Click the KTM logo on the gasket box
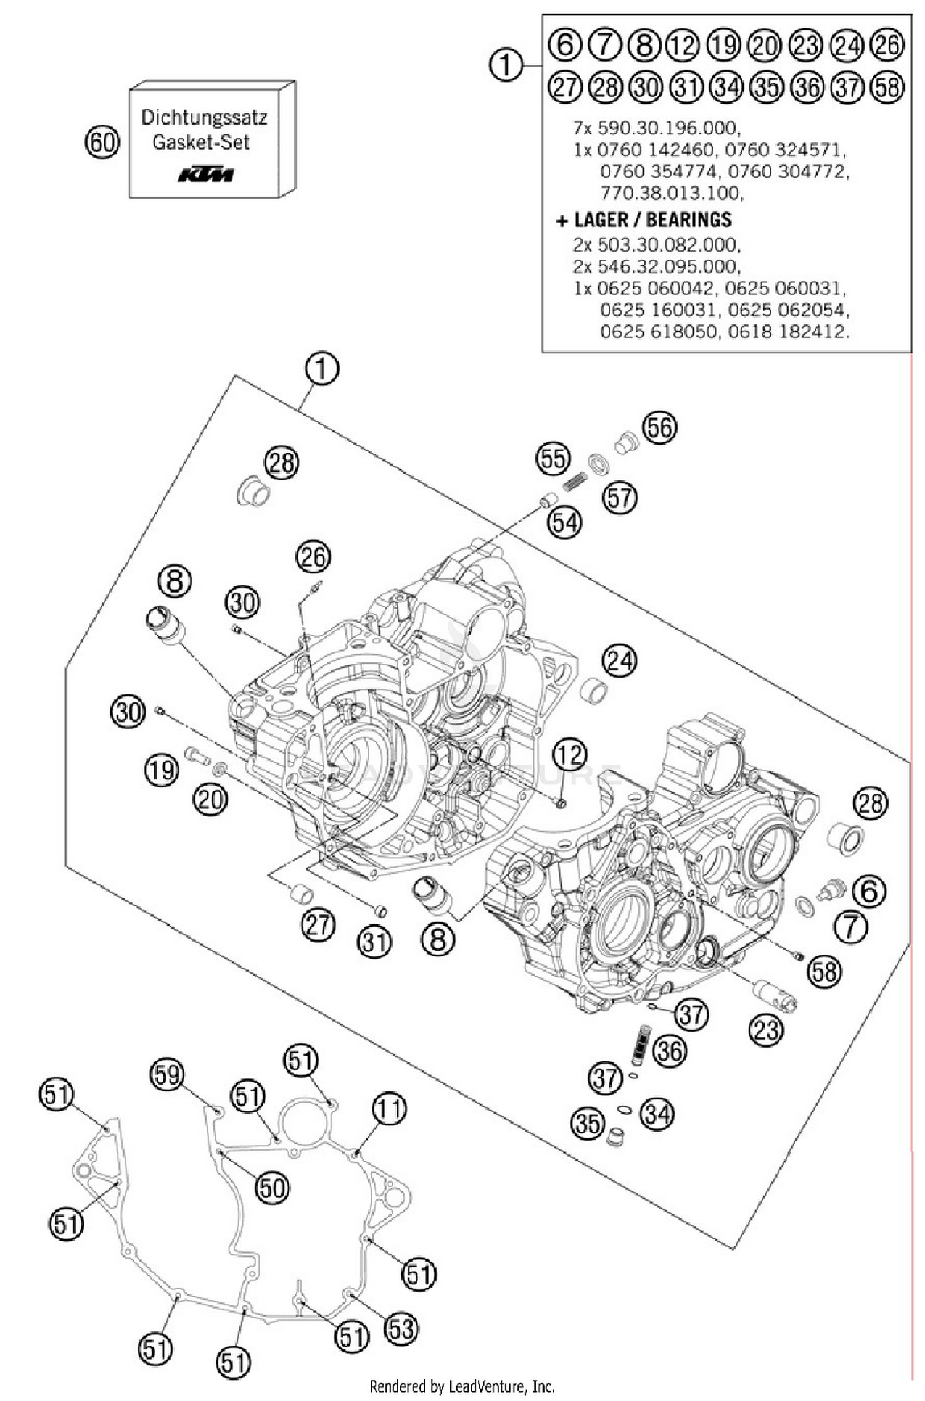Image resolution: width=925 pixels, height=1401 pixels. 206,175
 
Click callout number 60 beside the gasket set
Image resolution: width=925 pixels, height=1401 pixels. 102,142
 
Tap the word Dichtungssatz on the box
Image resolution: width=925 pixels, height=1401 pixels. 204,117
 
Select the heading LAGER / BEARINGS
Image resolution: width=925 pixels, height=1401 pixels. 652,220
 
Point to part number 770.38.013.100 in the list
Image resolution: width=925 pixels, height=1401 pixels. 671,193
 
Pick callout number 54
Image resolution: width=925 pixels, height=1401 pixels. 564,522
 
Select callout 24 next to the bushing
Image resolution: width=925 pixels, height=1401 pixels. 619,660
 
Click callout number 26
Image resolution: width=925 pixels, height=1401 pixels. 313,557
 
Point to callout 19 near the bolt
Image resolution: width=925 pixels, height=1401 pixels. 162,770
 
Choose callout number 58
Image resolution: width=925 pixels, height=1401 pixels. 824,972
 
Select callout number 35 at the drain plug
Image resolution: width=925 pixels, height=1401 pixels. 587,1122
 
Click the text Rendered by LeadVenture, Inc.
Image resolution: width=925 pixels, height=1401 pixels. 462,1387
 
